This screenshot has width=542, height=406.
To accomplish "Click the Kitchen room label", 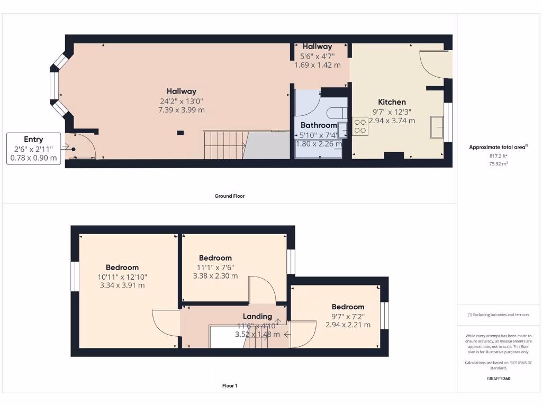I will point(392,102).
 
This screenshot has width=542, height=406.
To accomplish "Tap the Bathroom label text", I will point(319,125).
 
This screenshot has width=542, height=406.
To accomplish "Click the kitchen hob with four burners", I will point(360,125).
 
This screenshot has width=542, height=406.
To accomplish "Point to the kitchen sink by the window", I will point(437,127).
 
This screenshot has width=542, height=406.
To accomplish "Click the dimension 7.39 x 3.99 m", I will point(182,110).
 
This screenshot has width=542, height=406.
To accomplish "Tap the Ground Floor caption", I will point(229,196).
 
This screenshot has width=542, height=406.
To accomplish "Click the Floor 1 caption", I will point(229,386).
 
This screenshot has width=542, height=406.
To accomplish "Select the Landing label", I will point(257,316).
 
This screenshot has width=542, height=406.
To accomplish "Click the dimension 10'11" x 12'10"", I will point(122,276).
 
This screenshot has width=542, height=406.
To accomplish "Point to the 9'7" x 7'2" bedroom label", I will point(348,307).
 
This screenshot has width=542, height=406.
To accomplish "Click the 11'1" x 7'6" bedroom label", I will point(215,258).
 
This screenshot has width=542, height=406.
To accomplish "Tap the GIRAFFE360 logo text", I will point(499,379).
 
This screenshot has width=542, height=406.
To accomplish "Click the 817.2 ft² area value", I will point(498,156).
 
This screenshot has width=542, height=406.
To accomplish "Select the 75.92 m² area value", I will point(498,164).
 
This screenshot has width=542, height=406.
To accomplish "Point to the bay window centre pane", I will point(53,86).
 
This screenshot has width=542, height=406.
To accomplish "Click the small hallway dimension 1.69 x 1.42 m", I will point(317,65).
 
